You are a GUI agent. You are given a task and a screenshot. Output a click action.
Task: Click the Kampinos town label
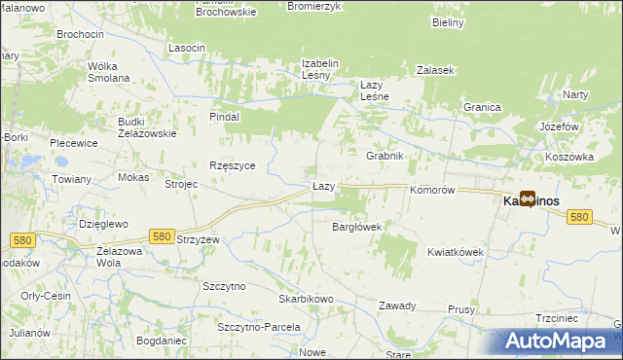(x=531, y=200)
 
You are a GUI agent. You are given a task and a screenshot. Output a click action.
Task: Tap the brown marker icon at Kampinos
(x=528, y=198)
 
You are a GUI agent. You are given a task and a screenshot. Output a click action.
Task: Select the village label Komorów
(x=433, y=191)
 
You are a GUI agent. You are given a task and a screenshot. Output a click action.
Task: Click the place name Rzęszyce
(x=233, y=165)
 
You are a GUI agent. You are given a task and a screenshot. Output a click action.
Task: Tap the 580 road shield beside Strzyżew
(x=162, y=235)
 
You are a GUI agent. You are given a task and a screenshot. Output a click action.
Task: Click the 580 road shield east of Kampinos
(x=579, y=217)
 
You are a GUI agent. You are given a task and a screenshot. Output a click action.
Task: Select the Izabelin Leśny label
(x=319, y=70)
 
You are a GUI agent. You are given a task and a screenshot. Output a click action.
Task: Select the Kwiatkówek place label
(x=456, y=252)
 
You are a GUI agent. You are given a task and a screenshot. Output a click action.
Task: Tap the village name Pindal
(x=225, y=117)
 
